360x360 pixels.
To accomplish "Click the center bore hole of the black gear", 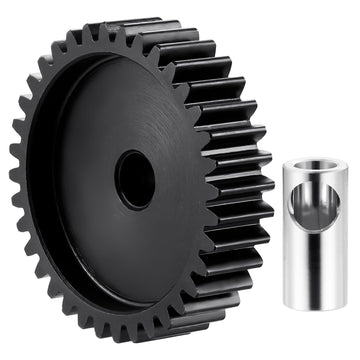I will [x=134, y=179].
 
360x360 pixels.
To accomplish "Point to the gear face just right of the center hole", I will [x=175, y=180].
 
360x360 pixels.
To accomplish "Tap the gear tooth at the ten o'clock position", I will [x=40, y=85].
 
